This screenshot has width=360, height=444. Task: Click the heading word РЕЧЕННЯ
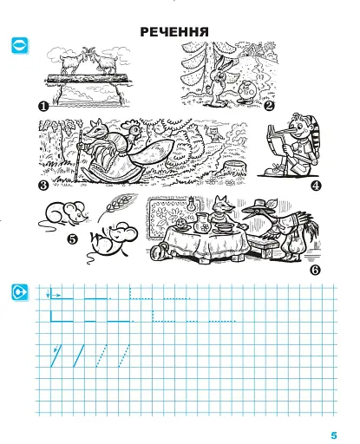point(174,32)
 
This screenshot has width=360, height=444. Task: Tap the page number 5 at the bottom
point(334,435)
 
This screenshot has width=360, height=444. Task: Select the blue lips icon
point(20,45)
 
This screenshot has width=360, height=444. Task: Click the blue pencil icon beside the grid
point(20,292)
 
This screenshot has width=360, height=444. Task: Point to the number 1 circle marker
point(43,107)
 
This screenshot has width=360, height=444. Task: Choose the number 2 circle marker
point(269,106)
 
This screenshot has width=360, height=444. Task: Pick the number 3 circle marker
point(43,186)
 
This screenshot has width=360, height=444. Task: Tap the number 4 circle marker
point(316,186)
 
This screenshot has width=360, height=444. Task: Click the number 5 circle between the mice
point(72,239)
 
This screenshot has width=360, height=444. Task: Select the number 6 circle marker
point(315,270)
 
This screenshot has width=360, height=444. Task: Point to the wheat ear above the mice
point(117,206)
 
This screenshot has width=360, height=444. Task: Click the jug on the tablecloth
point(202,223)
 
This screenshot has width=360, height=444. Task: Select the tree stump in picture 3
point(235,168)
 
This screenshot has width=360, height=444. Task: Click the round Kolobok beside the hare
point(247,92)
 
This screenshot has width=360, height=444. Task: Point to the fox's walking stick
point(78,155)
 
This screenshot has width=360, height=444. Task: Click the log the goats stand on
point(88,79)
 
